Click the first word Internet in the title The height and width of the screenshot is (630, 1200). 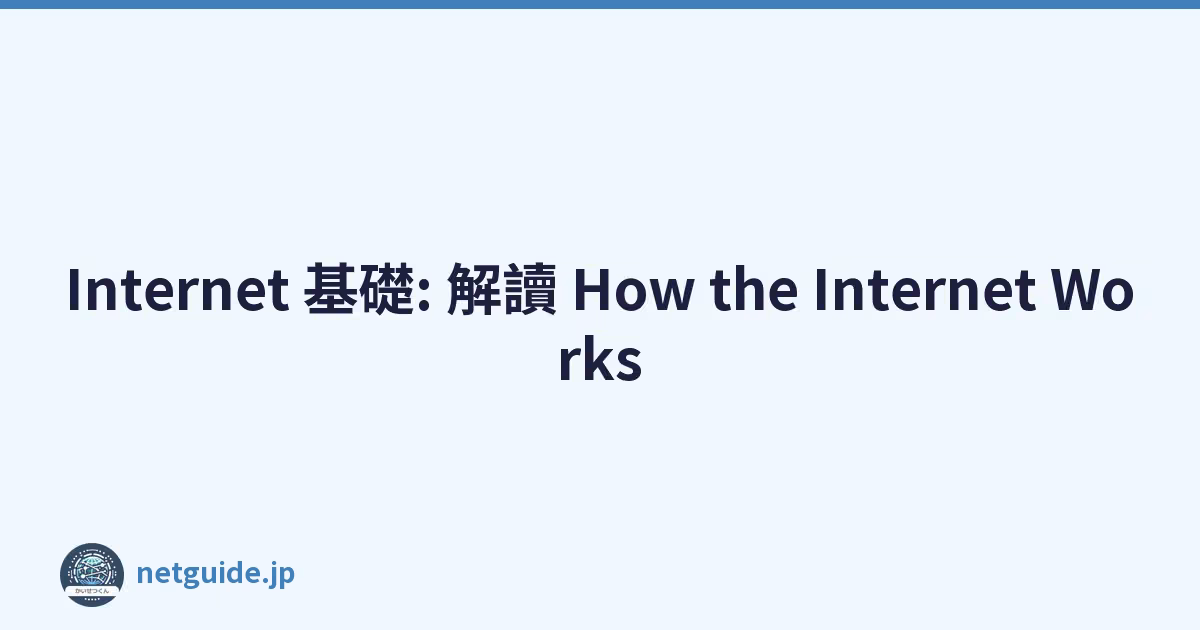[x=178, y=290]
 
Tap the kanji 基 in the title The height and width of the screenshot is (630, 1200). [x=330, y=289]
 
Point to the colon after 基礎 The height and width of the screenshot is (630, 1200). [x=424, y=294]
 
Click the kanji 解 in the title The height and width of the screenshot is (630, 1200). [x=474, y=289]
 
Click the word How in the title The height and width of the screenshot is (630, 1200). [x=634, y=290]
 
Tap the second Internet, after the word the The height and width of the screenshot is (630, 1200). [x=925, y=290]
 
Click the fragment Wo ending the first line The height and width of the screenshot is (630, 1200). [x=1092, y=290]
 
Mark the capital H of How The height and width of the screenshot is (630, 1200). [x=592, y=290]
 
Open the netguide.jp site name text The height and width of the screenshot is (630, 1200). [x=215, y=573]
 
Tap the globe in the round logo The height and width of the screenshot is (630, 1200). [x=92, y=571]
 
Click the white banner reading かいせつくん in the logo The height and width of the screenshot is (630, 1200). [x=92, y=591]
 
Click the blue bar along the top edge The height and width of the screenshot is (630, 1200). [x=600, y=4]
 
